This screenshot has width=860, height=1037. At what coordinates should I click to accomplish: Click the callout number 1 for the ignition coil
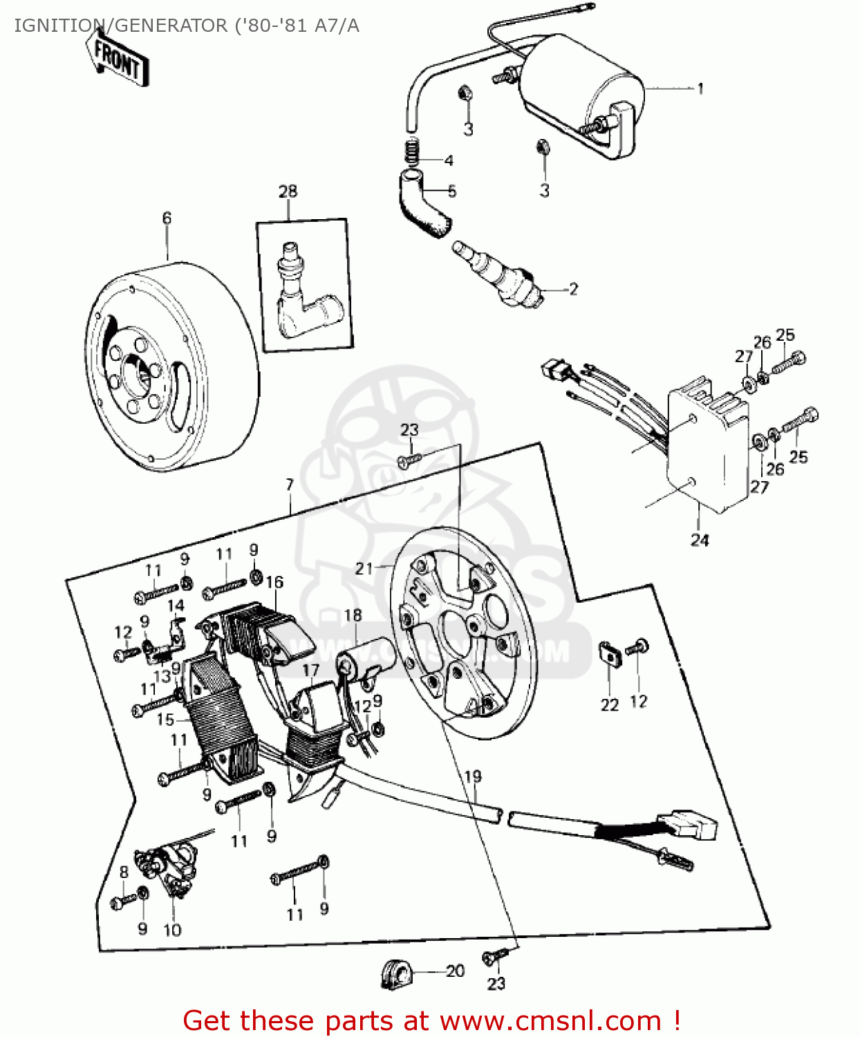pos(700,88)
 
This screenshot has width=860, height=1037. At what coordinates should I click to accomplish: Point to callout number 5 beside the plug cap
pos(451,191)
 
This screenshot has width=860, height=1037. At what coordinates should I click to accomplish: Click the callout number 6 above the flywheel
pos(167,218)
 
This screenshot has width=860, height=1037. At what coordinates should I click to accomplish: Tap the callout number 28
pos(288,191)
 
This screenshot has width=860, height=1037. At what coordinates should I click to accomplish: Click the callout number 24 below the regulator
pos(700,540)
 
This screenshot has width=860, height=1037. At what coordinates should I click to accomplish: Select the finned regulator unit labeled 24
pos(707,449)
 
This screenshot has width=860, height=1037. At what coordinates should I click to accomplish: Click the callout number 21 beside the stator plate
pos(364,568)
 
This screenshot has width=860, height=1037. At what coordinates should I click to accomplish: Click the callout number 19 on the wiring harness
pos(473,776)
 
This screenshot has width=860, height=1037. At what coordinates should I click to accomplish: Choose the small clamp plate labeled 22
pos(608,653)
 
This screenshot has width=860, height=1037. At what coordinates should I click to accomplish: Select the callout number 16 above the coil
pos(274,582)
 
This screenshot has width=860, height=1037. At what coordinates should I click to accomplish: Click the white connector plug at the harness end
pos(691,825)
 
